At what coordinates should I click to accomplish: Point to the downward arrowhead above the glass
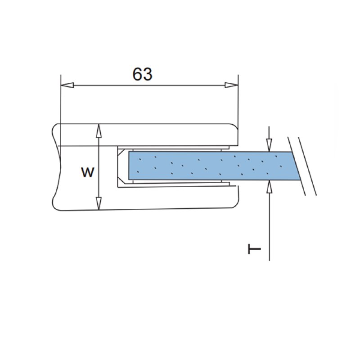(269, 145)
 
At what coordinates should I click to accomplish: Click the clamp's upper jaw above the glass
(171, 135)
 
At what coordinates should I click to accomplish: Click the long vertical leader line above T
(269, 225)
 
